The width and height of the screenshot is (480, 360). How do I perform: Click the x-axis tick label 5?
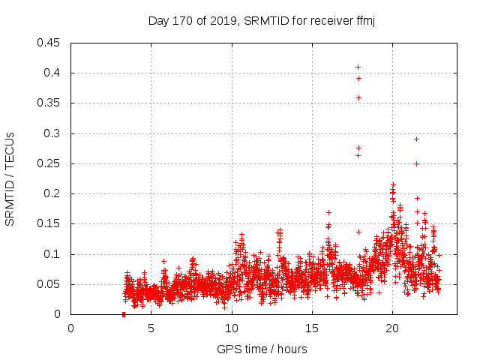click(151, 328)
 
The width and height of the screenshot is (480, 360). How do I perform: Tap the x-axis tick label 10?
click(231, 328)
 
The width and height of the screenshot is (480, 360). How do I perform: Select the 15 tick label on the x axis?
click(311, 328)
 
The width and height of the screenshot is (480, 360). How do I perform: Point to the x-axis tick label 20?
click(391, 328)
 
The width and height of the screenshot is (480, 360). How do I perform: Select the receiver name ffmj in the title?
click(364, 20)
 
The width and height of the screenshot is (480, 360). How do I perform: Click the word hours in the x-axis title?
click(291, 349)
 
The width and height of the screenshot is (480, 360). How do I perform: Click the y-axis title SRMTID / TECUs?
click(10, 178)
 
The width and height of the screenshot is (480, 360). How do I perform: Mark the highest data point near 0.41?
click(358, 67)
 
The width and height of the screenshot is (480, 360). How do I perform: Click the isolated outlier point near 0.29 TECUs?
click(416, 139)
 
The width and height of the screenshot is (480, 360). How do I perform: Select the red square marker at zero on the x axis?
click(123, 314)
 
